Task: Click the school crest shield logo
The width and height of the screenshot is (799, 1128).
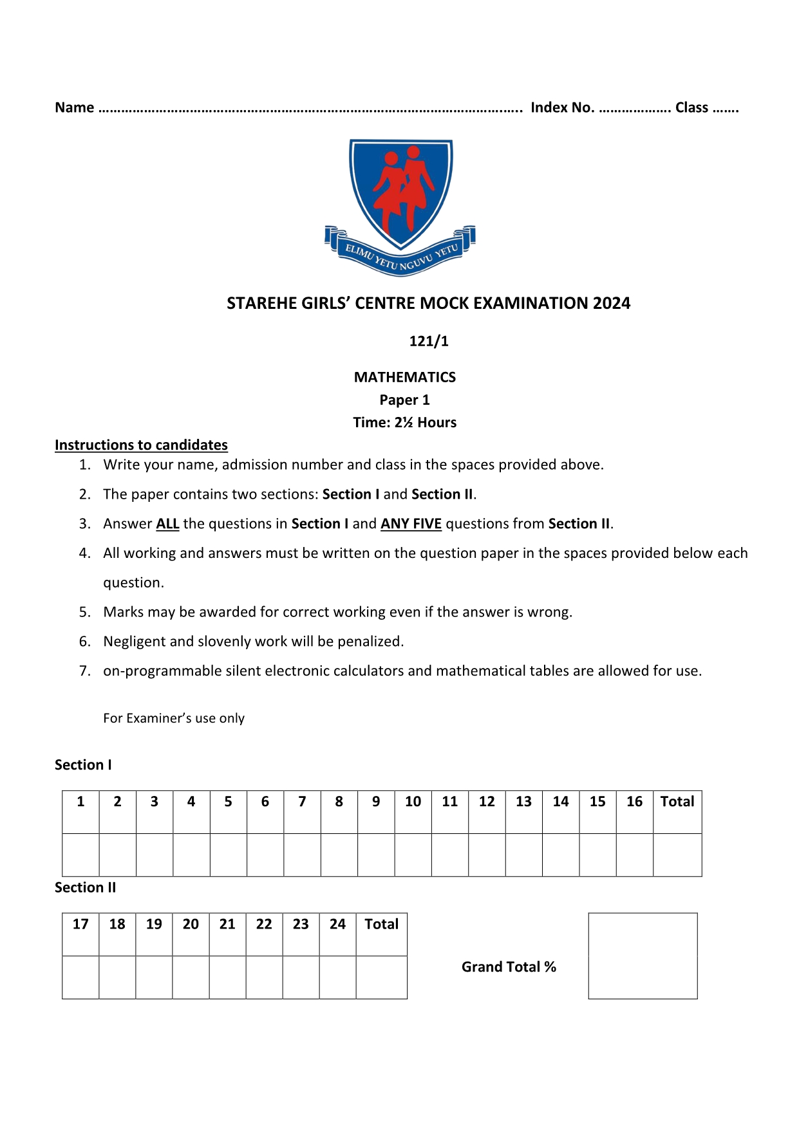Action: click(400, 193)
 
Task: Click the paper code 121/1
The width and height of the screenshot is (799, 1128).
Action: click(429, 341)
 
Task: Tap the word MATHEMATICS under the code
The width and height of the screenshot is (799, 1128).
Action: click(404, 377)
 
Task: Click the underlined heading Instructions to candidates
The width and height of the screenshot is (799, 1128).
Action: click(141, 445)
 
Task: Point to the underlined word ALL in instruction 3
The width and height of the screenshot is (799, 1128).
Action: click(167, 524)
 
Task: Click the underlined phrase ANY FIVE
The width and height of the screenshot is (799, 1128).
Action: click(411, 524)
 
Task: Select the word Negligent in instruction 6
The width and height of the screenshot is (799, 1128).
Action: click(134, 642)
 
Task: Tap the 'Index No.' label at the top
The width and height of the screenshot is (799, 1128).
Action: click(562, 107)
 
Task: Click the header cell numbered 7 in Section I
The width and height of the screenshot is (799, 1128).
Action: click(302, 802)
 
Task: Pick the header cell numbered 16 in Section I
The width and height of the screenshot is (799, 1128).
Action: click(634, 802)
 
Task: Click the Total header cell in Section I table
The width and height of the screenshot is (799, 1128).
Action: click(677, 802)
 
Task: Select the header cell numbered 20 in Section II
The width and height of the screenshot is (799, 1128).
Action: click(191, 925)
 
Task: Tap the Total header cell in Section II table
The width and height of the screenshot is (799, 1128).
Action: click(382, 925)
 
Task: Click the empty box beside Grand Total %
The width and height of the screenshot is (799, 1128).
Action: click(643, 956)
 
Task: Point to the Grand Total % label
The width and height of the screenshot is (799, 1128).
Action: click(509, 966)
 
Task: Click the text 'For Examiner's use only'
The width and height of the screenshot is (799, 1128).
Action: click(174, 718)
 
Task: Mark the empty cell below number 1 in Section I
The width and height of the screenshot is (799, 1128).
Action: click(80, 855)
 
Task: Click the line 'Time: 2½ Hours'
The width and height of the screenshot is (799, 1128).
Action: click(404, 423)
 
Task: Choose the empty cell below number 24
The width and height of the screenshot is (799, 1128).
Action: click(337, 977)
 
